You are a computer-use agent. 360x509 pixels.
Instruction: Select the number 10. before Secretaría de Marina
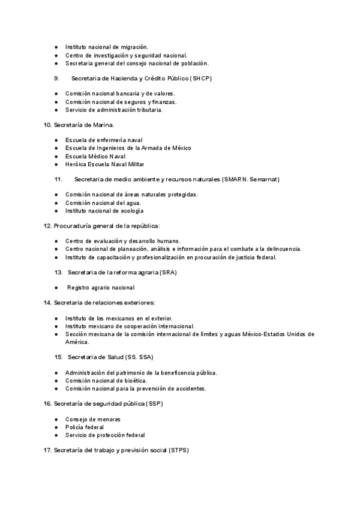pos(47,124)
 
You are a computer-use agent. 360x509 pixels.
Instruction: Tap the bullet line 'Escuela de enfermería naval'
pos(104,140)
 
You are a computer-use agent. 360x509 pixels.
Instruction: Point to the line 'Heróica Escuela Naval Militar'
pos(105,164)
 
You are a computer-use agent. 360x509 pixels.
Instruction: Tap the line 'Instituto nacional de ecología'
pos(104,211)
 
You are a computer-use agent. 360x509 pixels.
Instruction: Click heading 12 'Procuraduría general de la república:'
pos(107,226)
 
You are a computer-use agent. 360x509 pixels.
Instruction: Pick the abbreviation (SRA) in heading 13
pos(168,273)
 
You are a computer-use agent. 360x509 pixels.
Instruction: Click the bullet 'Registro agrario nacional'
pos(101,288)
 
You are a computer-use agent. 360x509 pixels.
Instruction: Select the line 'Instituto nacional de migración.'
pos(107,47)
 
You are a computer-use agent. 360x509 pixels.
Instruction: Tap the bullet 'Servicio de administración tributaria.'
pos(114,110)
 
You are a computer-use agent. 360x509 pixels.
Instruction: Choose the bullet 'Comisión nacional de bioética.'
pos(106,381)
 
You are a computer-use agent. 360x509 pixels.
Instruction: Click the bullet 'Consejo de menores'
pos(93,419)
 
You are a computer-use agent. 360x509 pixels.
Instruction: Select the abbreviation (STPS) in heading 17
pos(178,450)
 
